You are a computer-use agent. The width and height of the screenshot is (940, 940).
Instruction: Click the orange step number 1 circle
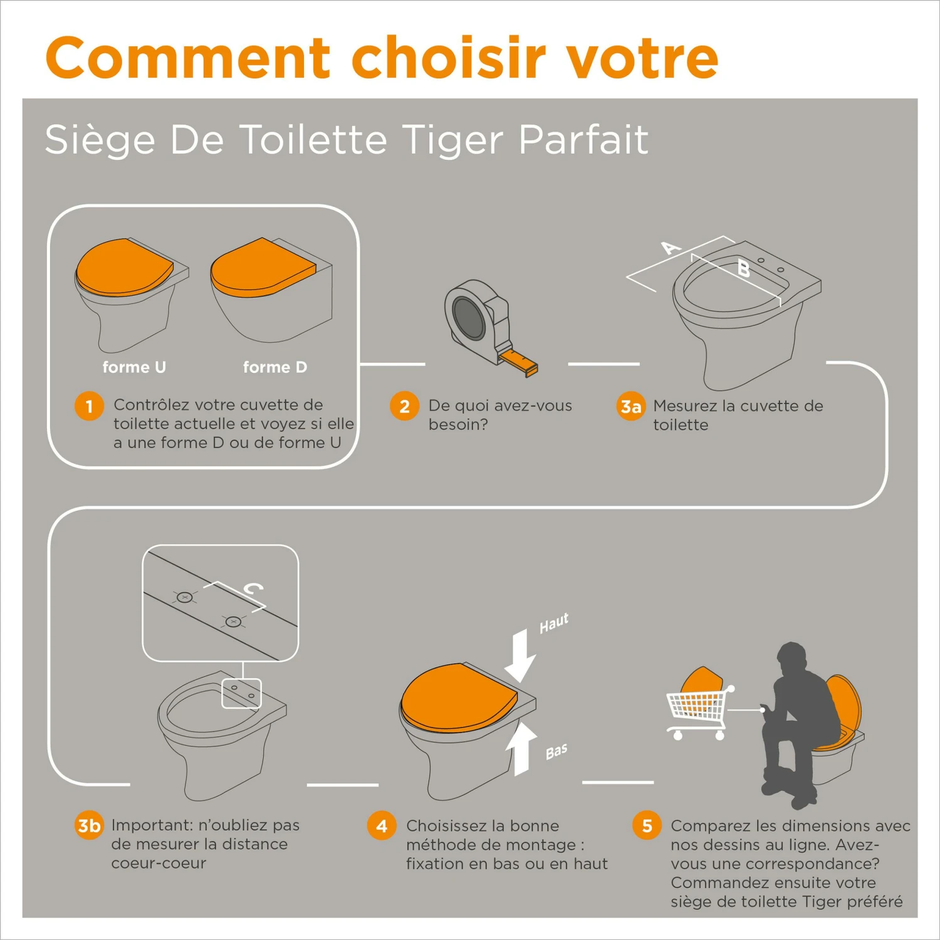(89, 406)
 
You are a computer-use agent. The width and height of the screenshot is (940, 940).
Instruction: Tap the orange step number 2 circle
(404, 406)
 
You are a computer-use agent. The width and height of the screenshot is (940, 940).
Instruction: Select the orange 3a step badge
(630, 407)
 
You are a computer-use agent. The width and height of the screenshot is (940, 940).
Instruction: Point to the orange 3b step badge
(88, 825)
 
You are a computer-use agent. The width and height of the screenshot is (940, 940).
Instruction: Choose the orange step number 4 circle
(382, 826)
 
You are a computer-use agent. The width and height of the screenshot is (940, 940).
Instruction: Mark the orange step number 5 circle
(647, 826)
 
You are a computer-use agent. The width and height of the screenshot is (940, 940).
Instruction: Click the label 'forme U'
(134, 367)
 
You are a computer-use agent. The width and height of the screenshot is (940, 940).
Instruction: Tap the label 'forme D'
(275, 367)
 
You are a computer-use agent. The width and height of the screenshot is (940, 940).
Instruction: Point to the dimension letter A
(671, 248)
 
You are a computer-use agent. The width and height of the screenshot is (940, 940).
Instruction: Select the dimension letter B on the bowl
(743, 269)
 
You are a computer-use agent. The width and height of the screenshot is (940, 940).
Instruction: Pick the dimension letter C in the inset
(253, 589)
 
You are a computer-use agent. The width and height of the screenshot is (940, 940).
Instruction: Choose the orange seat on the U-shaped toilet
(123, 267)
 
